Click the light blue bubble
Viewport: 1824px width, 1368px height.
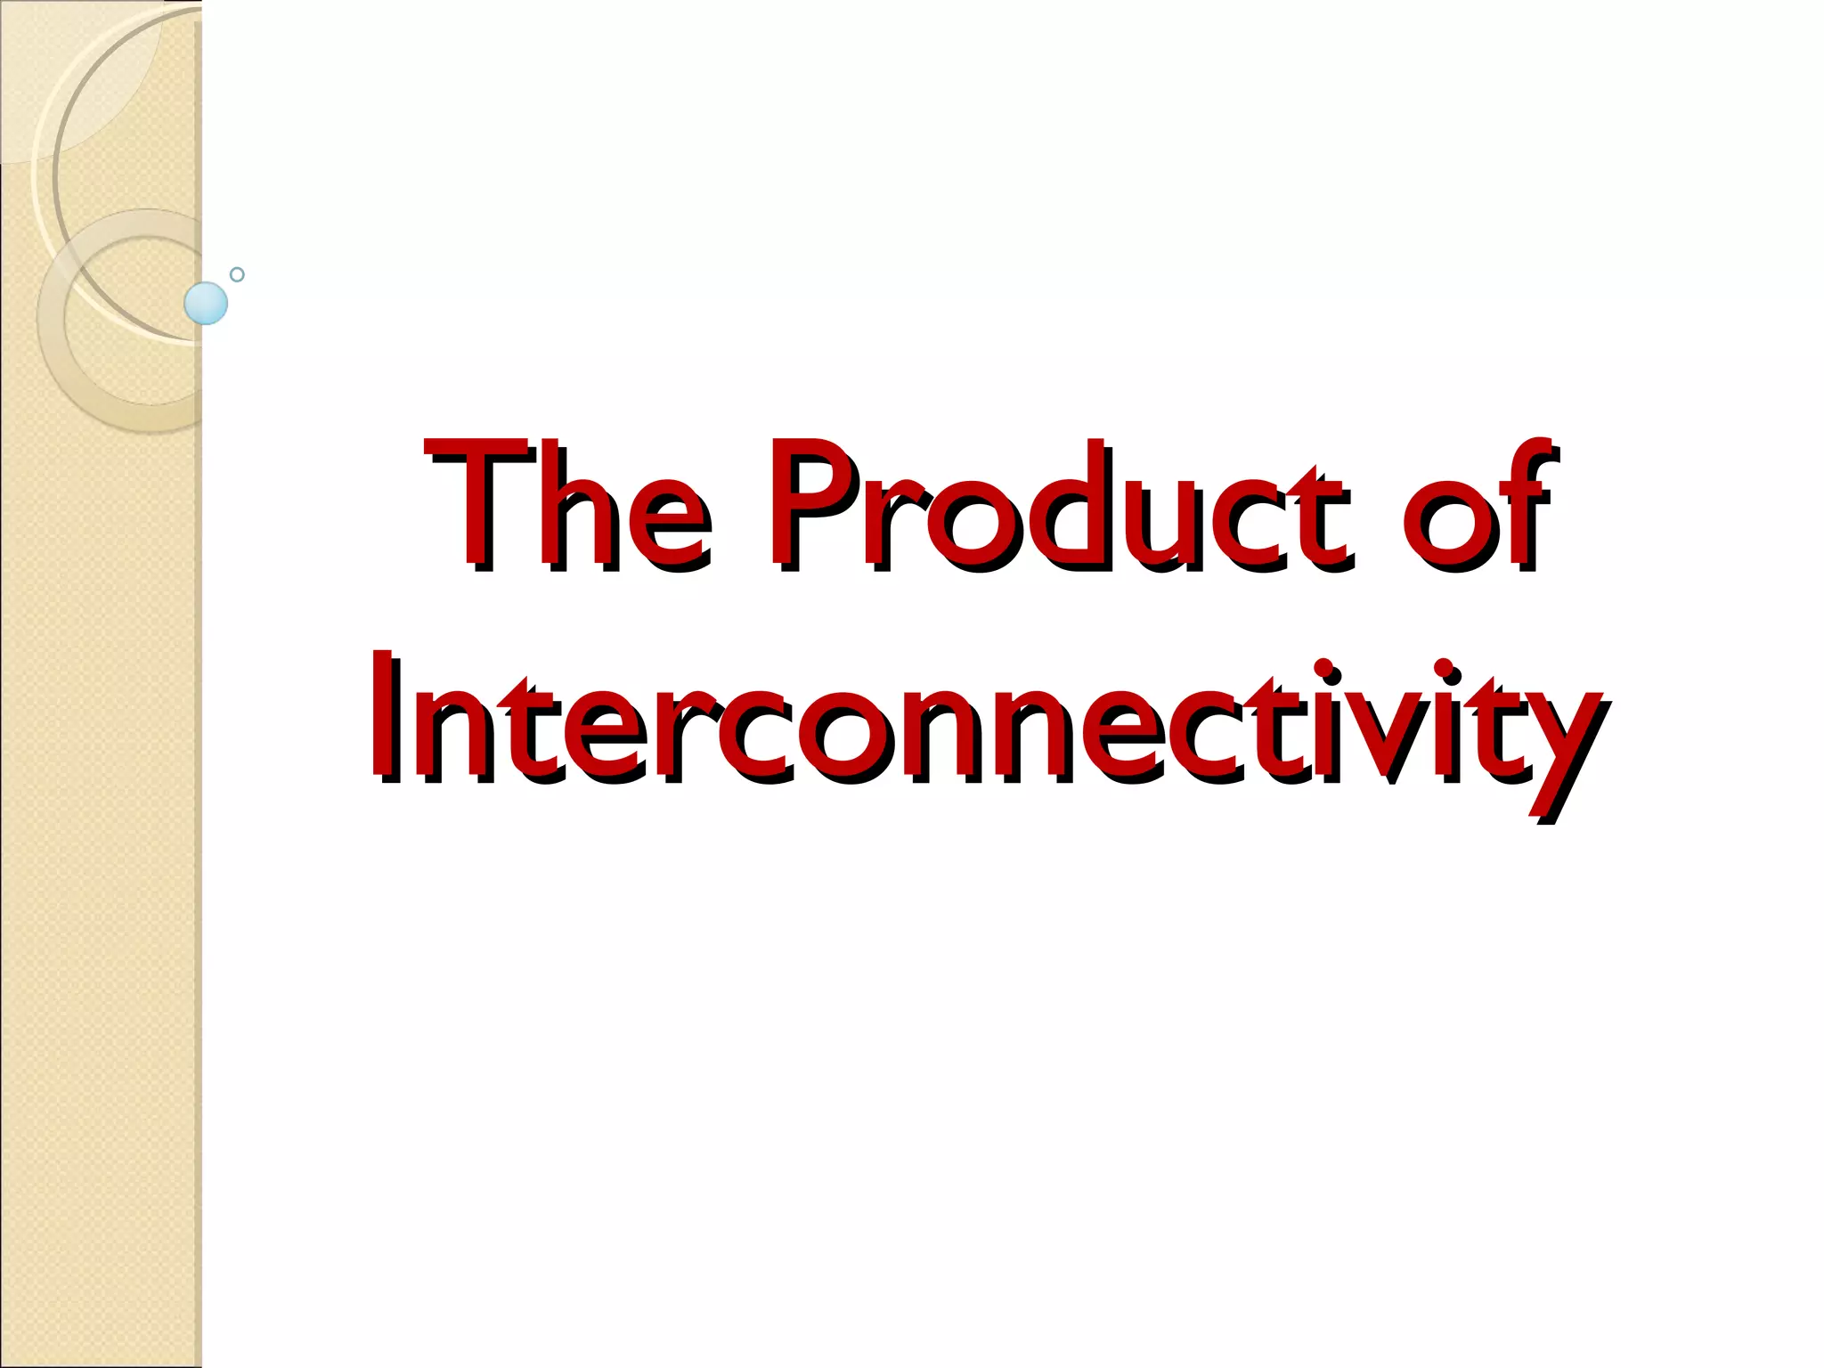pyautogui.click(x=206, y=303)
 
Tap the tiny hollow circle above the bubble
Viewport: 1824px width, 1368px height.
pyautogui.click(x=237, y=274)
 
